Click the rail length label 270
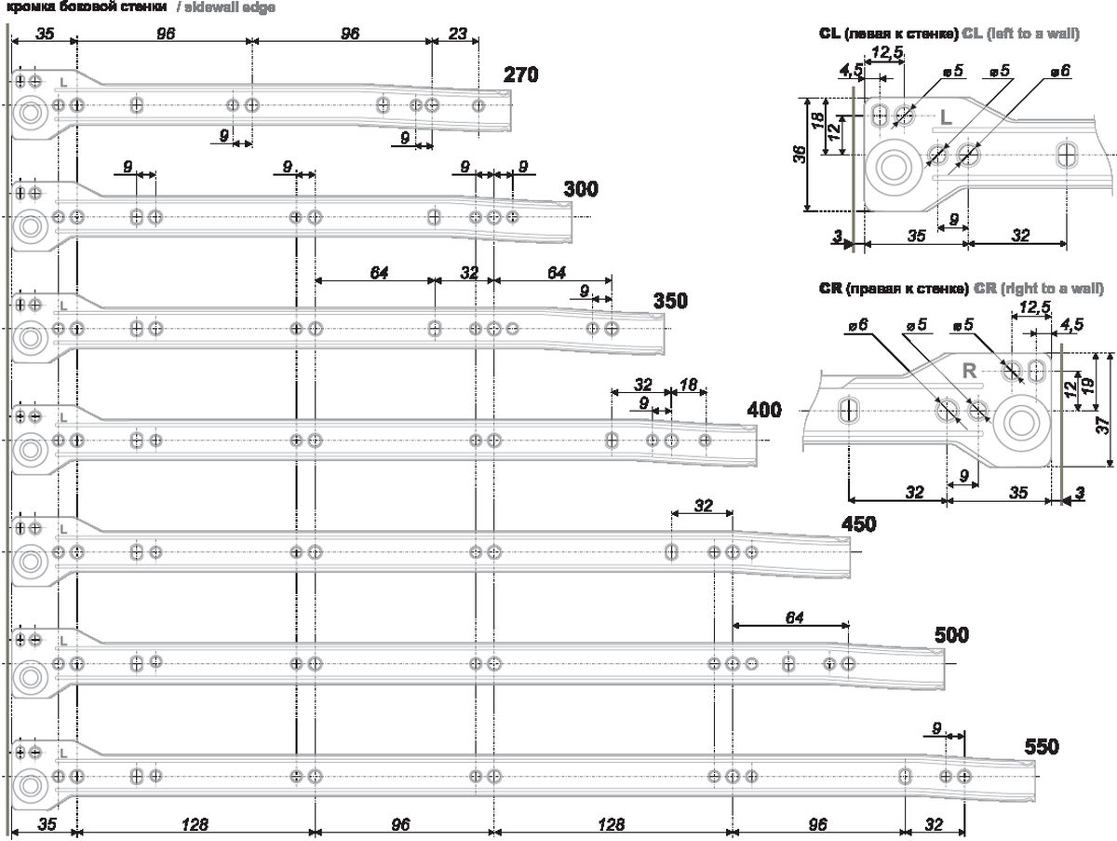point(521,75)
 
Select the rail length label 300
point(581,189)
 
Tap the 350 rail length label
point(670,302)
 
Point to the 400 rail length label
point(763,410)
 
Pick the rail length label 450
point(858,523)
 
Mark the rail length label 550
point(1041,746)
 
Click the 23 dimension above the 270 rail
point(457,34)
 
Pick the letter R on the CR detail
point(968,371)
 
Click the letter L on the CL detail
point(944,118)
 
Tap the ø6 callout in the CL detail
point(1059,70)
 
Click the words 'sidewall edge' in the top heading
point(226,7)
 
